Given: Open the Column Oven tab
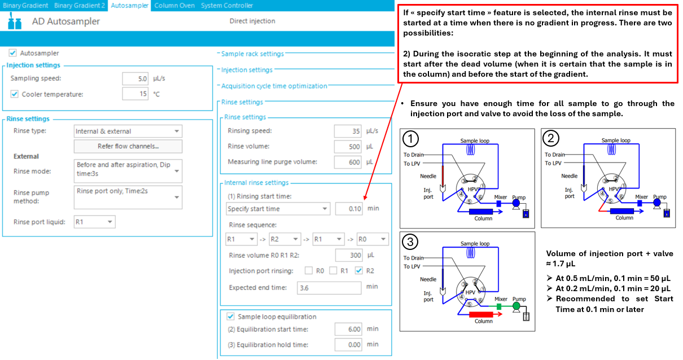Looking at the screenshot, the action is click(x=174, y=6).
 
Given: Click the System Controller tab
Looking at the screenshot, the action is click(x=227, y=6).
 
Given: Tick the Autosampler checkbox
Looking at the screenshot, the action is click(x=13, y=52).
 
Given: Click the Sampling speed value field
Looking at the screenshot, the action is click(x=135, y=78).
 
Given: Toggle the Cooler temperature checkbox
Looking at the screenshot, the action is click(x=14, y=94).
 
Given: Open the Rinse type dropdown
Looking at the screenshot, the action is click(x=128, y=131).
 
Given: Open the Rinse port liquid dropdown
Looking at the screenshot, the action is click(x=94, y=222).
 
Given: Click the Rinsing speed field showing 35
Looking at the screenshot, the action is click(x=348, y=131).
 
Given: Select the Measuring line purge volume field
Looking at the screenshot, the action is click(x=348, y=162).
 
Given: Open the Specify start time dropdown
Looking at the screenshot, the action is click(x=278, y=209).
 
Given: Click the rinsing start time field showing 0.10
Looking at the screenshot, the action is click(x=349, y=209).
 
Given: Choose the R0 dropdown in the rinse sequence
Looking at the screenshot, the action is click(x=373, y=239).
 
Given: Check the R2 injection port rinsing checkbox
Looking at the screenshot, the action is click(x=359, y=270).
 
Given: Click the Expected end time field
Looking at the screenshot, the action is click(x=329, y=288).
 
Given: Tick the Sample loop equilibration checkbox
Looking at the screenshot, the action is click(x=230, y=317).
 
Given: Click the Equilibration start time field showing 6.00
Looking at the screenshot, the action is click(x=348, y=329).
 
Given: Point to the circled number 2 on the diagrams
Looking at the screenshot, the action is click(x=551, y=138).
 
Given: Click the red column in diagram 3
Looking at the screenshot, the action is click(x=481, y=314).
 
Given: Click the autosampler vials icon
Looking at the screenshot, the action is click(x=14, y=21).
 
